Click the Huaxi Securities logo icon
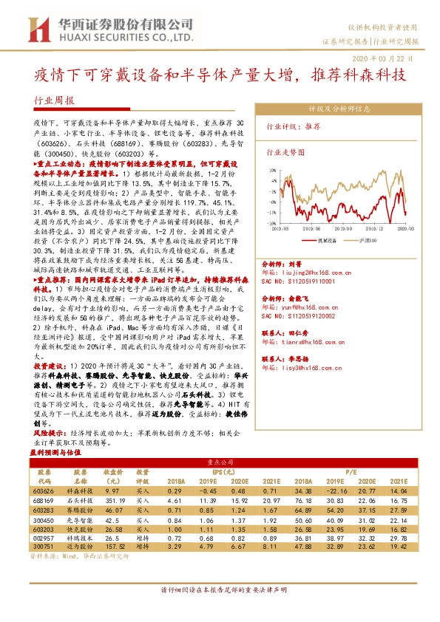pyautogui.click(x=35, y=29)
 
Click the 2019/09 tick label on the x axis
pyautogui.click(x=319, y=230)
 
